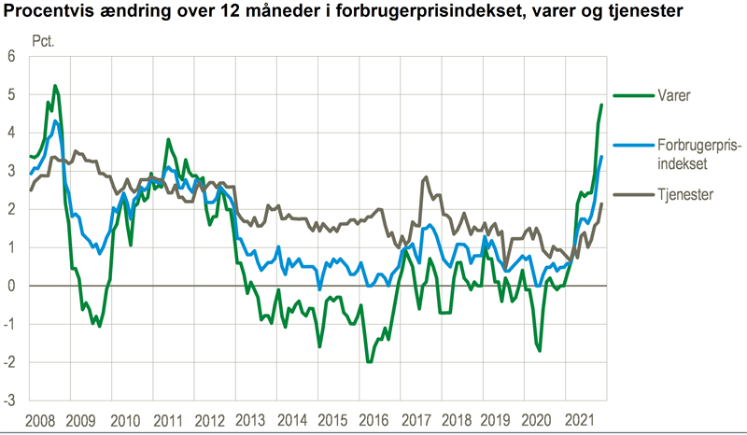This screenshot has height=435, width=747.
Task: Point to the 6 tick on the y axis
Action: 13,56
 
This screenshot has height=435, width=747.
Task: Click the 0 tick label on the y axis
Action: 13,286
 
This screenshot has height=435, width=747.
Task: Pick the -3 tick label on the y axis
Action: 11,400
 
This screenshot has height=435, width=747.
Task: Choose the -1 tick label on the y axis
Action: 11,324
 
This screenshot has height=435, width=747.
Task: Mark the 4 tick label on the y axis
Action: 13,133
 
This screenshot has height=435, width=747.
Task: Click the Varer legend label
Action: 655,95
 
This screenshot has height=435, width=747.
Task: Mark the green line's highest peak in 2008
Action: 54,86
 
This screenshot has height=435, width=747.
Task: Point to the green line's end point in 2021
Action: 601,105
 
